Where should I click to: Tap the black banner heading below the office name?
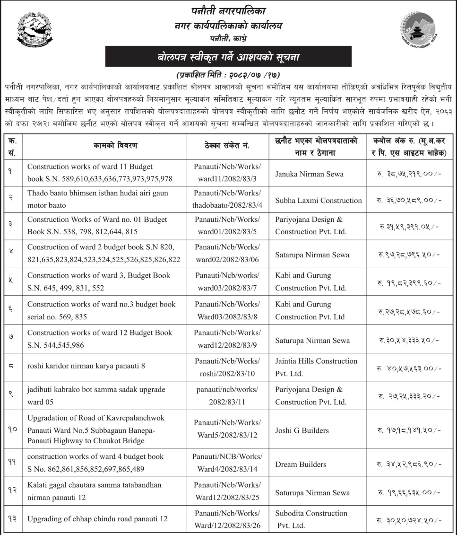click(228, 57)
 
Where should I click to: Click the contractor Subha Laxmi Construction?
click(318, 201)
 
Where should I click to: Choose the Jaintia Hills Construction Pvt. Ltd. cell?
click(316, 367)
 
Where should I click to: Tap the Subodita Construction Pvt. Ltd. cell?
click(311, 519)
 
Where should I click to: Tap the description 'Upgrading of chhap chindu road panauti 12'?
click(97, 519)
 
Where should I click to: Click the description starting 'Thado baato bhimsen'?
click(97, 200)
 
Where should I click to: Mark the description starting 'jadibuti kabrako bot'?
click(96, 395)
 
